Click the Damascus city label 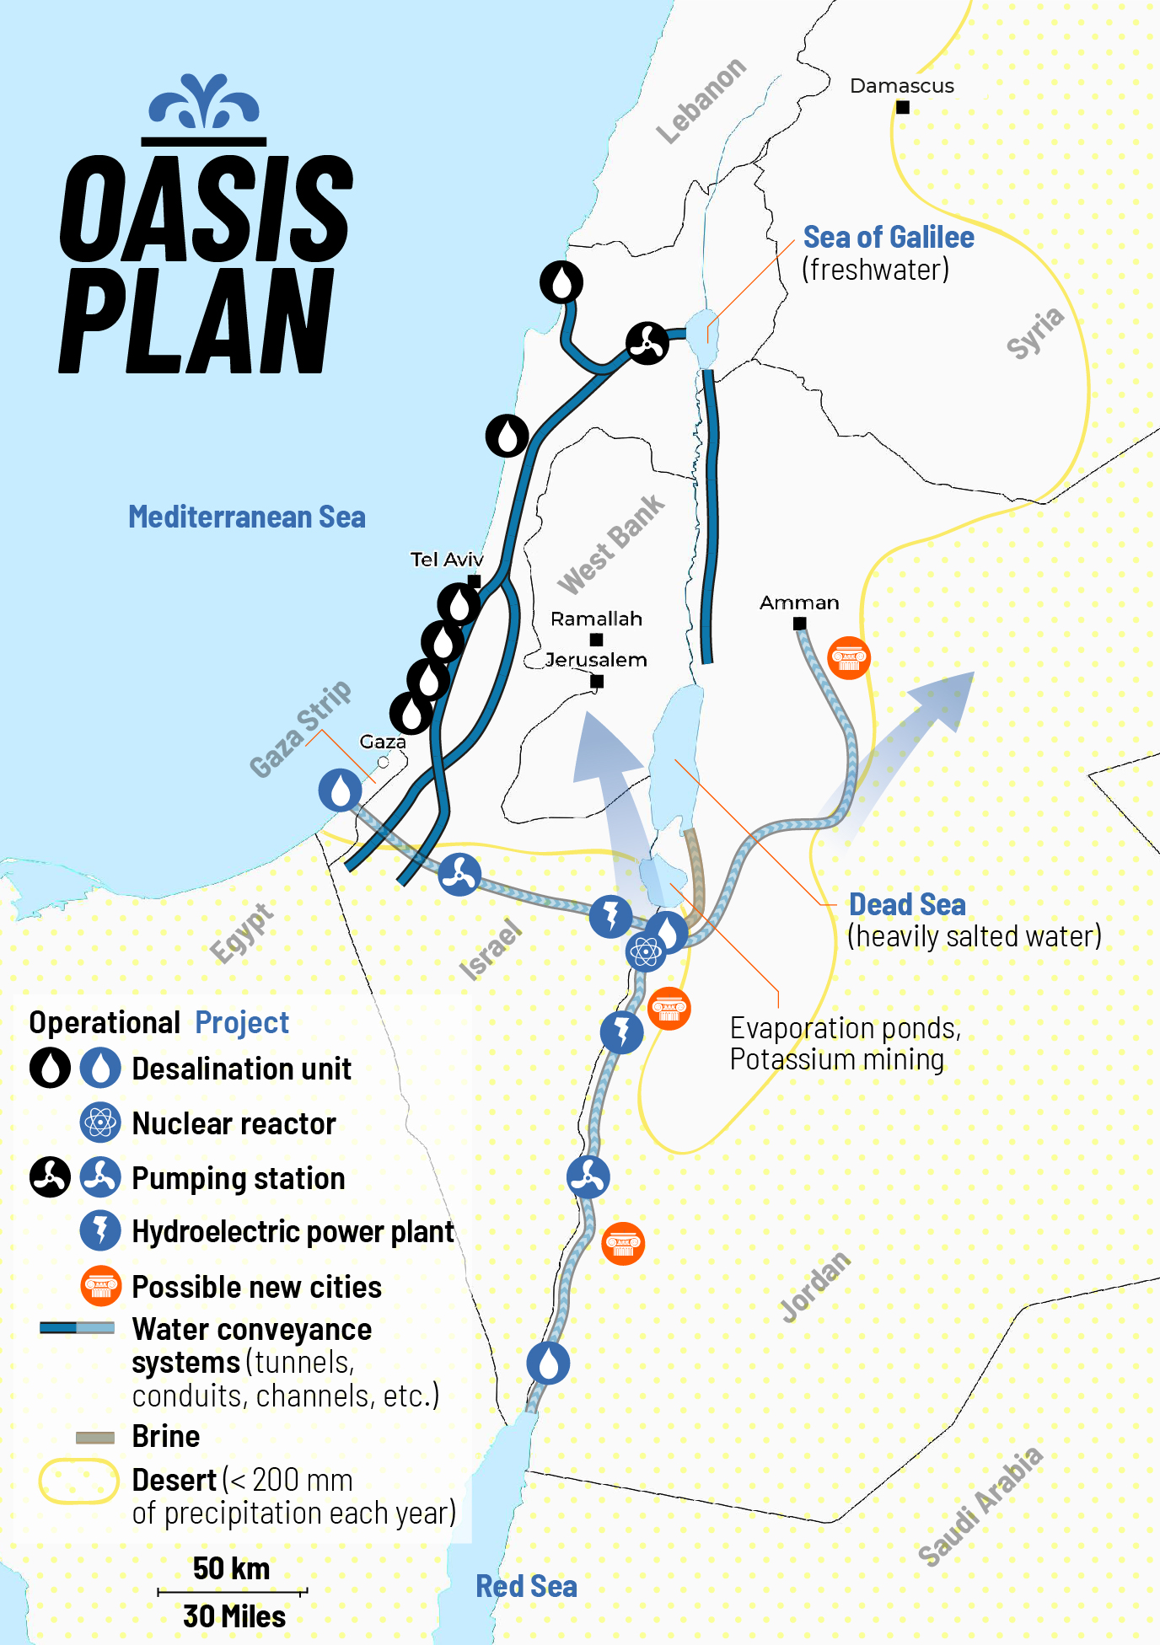901,86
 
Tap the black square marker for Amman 799,624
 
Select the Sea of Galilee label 888,238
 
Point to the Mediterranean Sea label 246,517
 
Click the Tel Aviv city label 446,560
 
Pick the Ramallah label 596,619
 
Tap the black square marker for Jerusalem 597,681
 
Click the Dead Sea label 907,904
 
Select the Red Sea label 526,1587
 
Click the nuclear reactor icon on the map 646,952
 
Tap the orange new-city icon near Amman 849,658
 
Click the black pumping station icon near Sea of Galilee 647,343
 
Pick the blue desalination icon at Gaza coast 340,790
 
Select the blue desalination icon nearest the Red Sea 548,1363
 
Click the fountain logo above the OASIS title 204,101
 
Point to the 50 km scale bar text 231,1568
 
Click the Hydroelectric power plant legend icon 100,1231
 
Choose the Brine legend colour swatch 95,1438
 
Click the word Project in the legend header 242,1022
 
